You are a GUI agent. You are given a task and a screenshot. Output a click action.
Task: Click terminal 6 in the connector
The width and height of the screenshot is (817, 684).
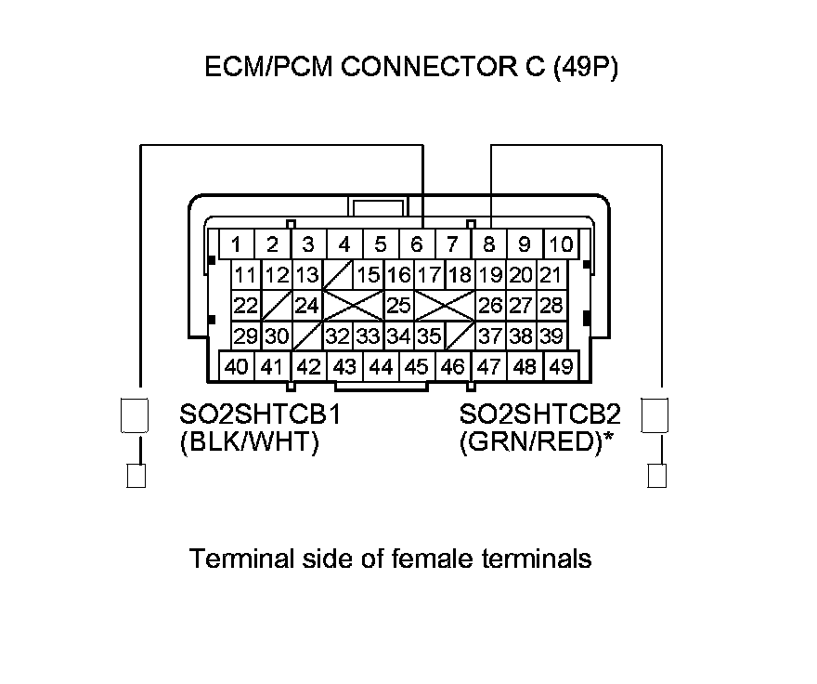point(416,245)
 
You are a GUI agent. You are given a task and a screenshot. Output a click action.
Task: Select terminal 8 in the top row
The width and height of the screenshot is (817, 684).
point(488,245)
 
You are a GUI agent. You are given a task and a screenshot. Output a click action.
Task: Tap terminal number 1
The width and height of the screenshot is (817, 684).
point(237,245)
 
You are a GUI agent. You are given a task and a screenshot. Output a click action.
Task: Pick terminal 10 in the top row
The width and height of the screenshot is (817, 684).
point(561,245)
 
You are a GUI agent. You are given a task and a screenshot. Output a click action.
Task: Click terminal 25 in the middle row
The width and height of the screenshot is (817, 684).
point(398,305)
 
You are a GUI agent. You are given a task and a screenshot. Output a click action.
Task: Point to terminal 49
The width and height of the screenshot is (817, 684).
point(560,366)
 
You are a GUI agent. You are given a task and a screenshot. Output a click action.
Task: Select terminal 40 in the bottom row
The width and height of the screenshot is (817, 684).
point(237,366)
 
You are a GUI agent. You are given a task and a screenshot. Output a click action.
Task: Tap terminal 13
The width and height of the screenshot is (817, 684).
point(307,275)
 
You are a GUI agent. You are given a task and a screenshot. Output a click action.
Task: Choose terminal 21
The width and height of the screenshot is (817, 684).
point(551,275)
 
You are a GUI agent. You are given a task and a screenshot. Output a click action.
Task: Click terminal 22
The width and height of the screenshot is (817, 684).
point(245,305)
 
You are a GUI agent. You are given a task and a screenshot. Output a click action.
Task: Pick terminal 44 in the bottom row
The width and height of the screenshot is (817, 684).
point(380,366)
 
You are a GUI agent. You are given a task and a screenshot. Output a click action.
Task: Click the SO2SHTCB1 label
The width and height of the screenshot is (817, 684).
point(259,414)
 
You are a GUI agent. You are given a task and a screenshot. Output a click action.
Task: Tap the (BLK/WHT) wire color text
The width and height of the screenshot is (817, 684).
point(249,443)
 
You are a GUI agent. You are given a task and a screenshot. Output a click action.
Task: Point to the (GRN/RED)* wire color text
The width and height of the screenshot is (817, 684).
point(538,443)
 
